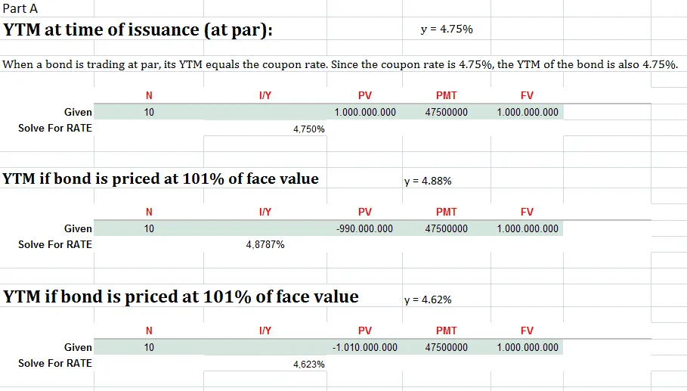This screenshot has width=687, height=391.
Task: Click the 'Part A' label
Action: click(x=20, y=9)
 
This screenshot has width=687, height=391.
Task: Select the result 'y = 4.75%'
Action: click(x=446, y=29)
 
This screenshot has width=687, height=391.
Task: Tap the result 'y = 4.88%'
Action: click(x=429, y=182)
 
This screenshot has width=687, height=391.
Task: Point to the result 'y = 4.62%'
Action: click(x=429, y=299)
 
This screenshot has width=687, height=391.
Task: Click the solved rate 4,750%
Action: click(x=308, y=129)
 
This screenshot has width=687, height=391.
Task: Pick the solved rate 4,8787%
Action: click(x=265, y=245)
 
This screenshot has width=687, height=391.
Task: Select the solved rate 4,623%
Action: click(x=308, y=365)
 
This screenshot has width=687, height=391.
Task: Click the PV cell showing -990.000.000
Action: click(x=364, y=228)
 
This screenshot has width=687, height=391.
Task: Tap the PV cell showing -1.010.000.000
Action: click(x=364, y=347)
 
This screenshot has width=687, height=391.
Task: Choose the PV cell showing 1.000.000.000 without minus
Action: click(x=364, y=112)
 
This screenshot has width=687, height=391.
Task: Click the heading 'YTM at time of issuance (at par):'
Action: click(x=138, y=31)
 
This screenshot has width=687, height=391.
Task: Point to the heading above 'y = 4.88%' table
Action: click(x=161, y=179)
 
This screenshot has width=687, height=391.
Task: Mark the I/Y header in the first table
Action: click(x=265, y=95)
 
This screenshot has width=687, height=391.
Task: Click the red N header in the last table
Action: click(x=149, y=330)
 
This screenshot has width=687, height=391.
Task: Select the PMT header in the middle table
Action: click(x=446, y=212)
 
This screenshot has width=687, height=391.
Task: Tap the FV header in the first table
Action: click(x=527, y=95)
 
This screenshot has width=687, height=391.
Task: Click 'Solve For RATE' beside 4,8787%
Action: click(x=55, y=244)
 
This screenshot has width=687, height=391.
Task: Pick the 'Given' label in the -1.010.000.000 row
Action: click(x=78, y=347)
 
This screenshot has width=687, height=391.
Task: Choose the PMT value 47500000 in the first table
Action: click(x=446, y=112)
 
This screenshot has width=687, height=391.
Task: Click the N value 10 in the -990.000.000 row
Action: click(x=149, y=228)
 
